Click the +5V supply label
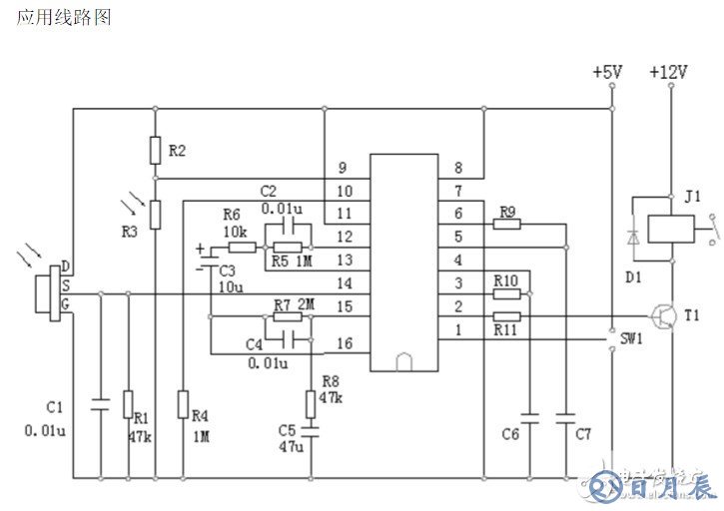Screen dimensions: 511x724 (606, 73)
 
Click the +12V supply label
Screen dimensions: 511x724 (667, 73)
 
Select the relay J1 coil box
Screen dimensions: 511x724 (665, 229)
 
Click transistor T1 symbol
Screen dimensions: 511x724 (662, 316)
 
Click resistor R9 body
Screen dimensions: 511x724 (506, 224)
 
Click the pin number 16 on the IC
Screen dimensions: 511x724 (345, 343)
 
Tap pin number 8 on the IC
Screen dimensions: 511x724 (458, 168)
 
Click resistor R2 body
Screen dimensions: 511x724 (155, 150)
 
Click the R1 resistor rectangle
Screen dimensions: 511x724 (127, 404)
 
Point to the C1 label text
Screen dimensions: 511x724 (55, 407)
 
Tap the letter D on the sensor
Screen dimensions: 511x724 (66, 266)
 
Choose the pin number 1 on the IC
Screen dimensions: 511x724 (458, 329)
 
